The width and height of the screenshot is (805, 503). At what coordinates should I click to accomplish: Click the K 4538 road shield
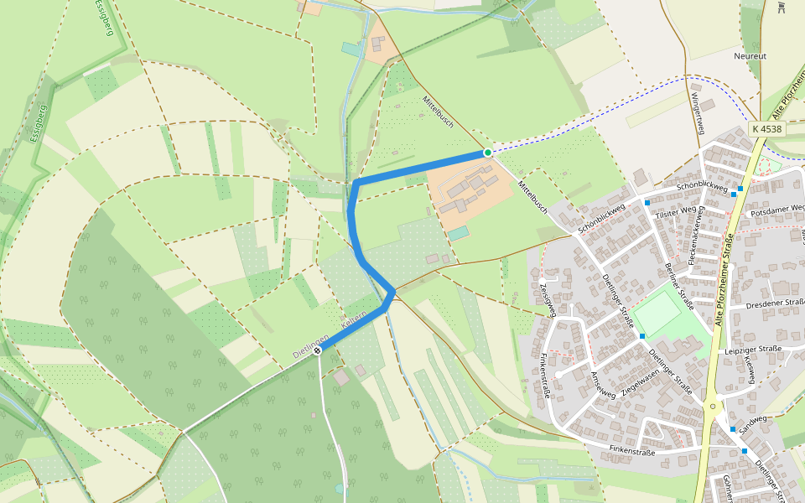[x=766, y=129]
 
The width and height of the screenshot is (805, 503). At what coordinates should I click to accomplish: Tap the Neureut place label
[x=750, y=56]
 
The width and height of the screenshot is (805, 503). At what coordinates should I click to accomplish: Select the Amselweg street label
[x=604, y=383]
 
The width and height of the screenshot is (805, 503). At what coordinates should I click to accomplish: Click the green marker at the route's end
[x=487, y=153]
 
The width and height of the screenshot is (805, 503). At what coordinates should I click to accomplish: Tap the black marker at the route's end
[x=317, y=350]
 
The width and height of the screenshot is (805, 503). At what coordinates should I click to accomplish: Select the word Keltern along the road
[x=355, y=321]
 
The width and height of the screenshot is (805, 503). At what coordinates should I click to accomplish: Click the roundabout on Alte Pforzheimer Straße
[x=712, y=407]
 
